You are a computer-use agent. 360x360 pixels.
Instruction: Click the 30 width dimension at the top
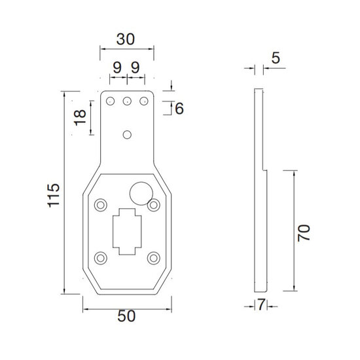(x=126, y=39)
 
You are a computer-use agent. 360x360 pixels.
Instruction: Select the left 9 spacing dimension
(x=117, y=67)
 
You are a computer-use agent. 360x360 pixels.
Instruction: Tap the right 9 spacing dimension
(x=135, y=67)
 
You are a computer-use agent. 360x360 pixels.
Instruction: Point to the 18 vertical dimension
(x=80, y=118)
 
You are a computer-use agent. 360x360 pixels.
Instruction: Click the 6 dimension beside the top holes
(x=179, y=109)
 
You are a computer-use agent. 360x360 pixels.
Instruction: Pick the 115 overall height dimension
(x=54, y=196)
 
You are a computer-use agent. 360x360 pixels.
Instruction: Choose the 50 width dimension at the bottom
(x=126, y=316)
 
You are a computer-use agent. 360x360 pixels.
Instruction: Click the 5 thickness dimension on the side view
(x=276, y=58)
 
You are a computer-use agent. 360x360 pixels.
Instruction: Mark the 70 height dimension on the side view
(x=304, y=233)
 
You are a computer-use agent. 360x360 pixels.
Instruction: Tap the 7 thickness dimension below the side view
(x=261, y=304)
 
